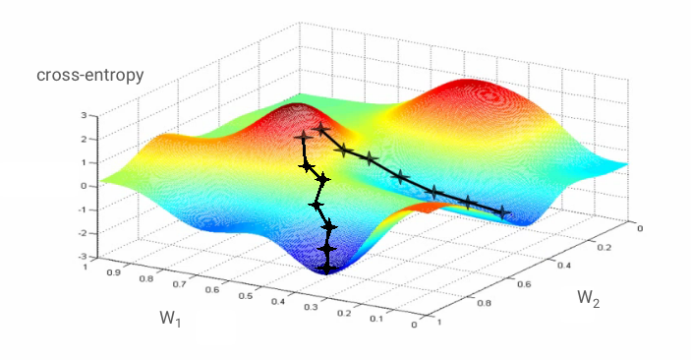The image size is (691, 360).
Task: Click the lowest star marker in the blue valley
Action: pyautogui.click(x=328, y=265)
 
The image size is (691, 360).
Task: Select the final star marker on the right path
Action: pyautogui.click(x=504, y=211)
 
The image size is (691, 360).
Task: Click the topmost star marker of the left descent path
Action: pyautogui.click(x=301, y=138)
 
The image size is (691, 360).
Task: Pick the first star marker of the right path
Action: pyautogui.click(x=321, y=130)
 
